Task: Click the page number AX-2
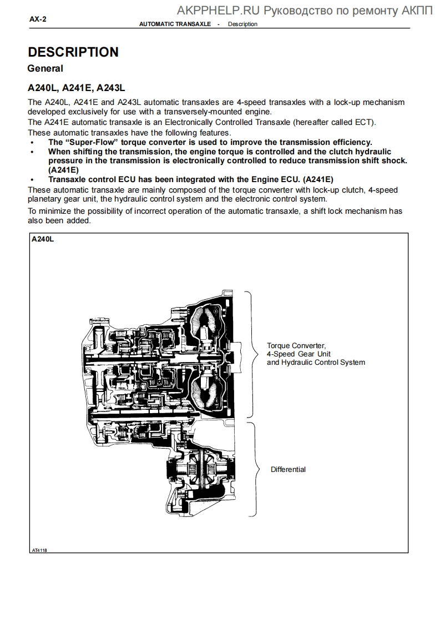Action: (38, 19)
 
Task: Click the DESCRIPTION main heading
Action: (73, 52)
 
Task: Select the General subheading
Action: (45, 68)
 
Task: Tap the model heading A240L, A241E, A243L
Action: (77, 88)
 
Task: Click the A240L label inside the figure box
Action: (43, 239)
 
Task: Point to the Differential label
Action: (288, 469)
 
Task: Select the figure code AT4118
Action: (39, 550)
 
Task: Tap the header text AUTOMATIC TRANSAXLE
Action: (175, 24)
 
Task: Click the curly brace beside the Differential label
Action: (256, 469)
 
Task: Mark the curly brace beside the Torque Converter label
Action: (252, 354)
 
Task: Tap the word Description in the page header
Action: (242, 24)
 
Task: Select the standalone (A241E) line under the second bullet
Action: (63, 169)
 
